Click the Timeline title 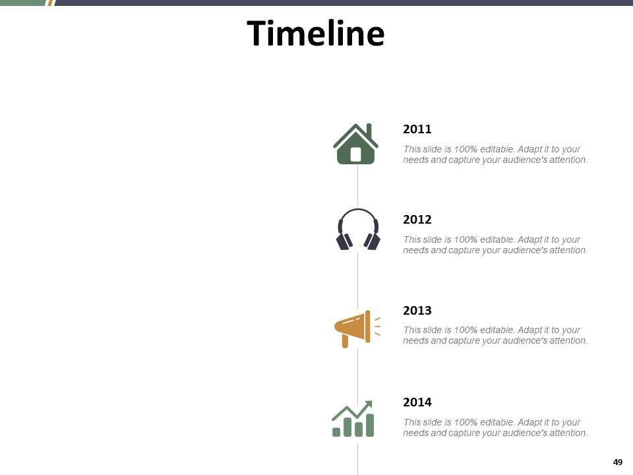[x=315, y=33]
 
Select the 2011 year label [x=417, y=129]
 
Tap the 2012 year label [x=417, y=219]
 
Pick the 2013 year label [x=417, y=310]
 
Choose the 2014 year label [x=417, y=402]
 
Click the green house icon [x=355, y=144]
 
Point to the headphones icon [x=358, y=229]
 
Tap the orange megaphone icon [x=357, y=329]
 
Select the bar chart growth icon [x=353, y=419]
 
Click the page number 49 [x=618, y=462]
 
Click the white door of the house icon [x=355, y=154]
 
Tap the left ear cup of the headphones [x=344, y=241]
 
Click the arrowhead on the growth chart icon [x=369, y=404]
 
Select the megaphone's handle [x=345, y=341]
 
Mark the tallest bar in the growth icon [x=369, y=425]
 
